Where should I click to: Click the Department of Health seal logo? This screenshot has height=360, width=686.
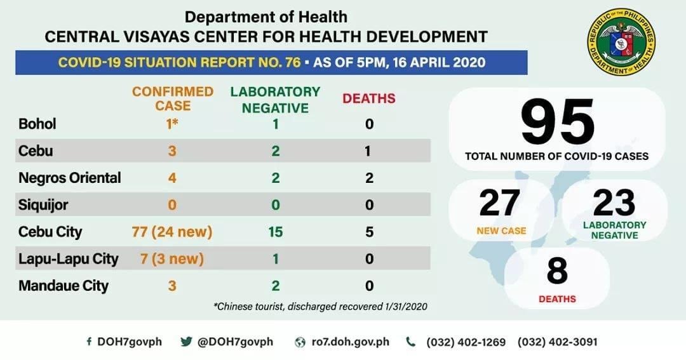point(621,43)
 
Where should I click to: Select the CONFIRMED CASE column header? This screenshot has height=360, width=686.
point(173,98)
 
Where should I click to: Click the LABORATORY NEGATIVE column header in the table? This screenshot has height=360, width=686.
point(275,100)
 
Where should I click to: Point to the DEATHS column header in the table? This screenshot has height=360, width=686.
point(369,98)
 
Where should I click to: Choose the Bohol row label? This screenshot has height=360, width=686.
point(37,124)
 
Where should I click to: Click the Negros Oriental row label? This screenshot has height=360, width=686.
point(69,178)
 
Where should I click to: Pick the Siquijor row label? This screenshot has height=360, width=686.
point(43,205)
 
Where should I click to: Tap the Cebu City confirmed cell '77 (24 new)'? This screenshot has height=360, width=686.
point(172,232)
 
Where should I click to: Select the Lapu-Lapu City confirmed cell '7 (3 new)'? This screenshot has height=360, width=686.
point(172,259)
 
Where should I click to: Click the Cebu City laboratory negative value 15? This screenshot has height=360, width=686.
point(275,232)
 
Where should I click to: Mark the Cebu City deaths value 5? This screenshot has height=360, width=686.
point(369,232)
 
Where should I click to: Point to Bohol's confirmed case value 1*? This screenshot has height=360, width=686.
point(172,124)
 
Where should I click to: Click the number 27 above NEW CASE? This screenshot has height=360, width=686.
point(500,203)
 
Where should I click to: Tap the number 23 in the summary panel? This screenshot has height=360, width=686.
point(614,203)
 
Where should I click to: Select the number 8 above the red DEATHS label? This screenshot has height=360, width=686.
point(556,271)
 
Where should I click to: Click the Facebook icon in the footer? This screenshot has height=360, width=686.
point(89,342)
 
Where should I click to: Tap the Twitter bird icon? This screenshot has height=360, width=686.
point(186,342)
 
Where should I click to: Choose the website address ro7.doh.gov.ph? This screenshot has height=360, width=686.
point(347,342)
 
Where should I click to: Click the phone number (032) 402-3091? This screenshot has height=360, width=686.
point(558,342)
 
